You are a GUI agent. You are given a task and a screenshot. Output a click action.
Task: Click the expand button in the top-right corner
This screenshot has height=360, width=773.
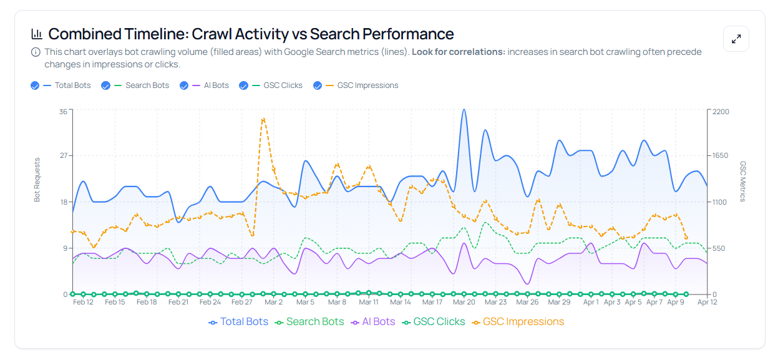click(x=736, y=39)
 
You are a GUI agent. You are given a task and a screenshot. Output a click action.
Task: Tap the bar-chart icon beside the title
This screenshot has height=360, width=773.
click(x=37, y=34)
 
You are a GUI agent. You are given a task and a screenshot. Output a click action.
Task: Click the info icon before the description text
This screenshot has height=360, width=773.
click(x=36, y=52)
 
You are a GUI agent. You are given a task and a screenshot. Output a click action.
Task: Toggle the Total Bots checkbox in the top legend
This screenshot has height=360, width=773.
click(x=35, y=85)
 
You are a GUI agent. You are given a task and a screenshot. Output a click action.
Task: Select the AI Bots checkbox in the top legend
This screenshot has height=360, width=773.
click(x=184, y=85)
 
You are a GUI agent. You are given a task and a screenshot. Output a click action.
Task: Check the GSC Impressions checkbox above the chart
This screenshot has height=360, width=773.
click(x=318, y=85)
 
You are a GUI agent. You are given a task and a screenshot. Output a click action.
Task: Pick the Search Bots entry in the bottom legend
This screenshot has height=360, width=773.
click(x=309, y=322)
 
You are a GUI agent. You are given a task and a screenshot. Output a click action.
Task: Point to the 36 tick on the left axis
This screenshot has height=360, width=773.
click(x=63, y=112)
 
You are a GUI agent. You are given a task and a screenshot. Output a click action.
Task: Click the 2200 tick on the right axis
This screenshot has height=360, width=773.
click(x=721, y=112)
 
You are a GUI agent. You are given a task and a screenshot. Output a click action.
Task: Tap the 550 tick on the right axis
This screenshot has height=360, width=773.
click(x=719, y=248)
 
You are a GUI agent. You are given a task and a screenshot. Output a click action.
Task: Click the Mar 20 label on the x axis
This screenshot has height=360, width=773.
click(x=464, y=302)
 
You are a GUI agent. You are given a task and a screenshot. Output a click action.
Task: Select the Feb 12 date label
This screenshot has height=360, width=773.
click(x=83, y=302)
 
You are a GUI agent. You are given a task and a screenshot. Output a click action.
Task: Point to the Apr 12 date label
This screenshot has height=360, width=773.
click(x=707, y=302)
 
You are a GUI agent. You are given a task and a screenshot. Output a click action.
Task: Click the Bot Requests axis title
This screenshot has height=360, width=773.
click(x=37, y=180)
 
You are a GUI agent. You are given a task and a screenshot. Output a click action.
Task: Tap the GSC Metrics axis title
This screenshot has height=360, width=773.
click(x=743, y=181)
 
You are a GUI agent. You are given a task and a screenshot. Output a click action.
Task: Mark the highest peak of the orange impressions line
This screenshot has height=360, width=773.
click(x=263, y=118)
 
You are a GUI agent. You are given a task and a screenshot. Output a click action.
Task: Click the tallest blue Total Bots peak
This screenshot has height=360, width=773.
click(x=464, y=110)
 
